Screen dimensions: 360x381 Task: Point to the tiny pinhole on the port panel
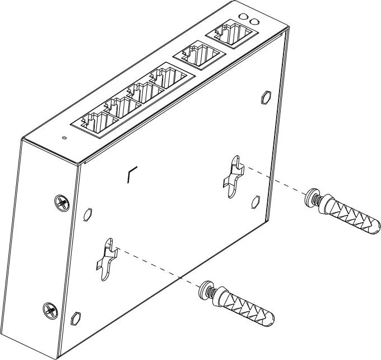point(64,137)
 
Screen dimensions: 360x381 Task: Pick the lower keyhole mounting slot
point(109,257)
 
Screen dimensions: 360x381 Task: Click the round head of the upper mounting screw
point(309,197)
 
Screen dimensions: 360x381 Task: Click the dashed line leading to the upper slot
point(274,180)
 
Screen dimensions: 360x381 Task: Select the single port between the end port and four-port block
point(199,56)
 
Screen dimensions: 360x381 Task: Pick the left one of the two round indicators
point(243,18)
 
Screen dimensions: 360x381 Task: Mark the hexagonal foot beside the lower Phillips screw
point(75,319)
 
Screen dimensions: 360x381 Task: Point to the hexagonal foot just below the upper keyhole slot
point(255,201)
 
